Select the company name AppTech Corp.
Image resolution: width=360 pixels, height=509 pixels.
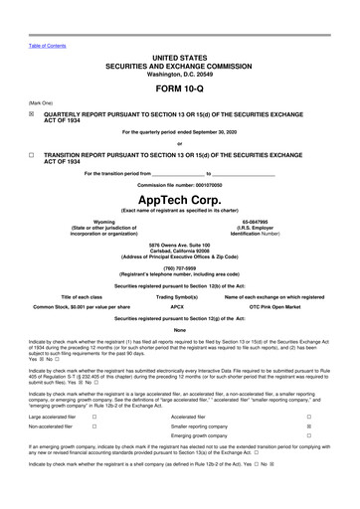[x=180, y=197]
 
